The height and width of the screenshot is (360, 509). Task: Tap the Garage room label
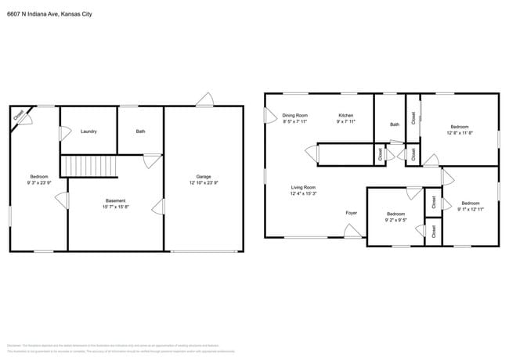pos(203,177)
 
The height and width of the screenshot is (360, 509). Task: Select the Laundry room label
pos(88,131)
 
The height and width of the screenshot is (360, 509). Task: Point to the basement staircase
pos(88,166)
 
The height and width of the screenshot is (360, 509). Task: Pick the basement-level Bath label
pos(140,131)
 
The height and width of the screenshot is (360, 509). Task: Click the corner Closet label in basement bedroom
pos(18,115)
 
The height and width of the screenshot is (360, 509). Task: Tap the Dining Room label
pos(294,115)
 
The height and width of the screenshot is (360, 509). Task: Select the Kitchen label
pos(345,115)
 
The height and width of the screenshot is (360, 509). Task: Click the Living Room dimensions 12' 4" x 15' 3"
pos(303,194)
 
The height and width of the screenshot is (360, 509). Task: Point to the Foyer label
pos(352,213)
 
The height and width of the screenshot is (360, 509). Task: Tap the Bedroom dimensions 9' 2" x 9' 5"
pos(395,220)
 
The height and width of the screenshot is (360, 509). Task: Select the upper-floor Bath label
pos(395,124)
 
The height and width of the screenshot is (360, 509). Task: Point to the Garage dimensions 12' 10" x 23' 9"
pos(203,183)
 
